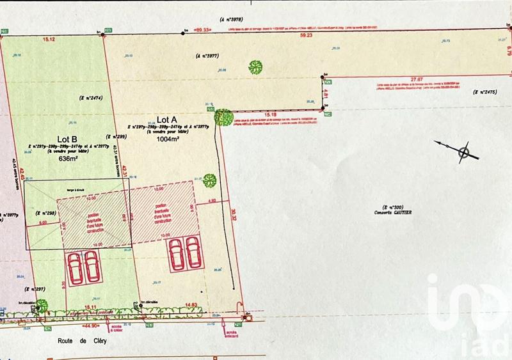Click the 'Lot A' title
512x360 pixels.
(x=166, y=120)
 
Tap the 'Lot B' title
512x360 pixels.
(x=67, y=139)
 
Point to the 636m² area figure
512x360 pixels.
(x=68, y=158)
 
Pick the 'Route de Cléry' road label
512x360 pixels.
(x=79, y=341)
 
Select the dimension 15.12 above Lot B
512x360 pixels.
(x=49, y=40)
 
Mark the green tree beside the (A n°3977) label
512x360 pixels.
(x=255, y=67)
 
